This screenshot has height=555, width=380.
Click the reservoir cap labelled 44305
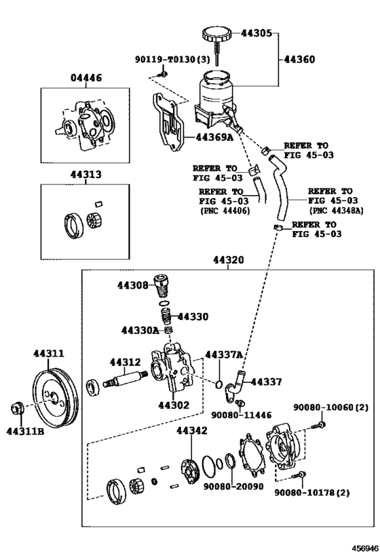tap(217, 38)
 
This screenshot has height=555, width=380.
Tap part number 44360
tap(299, 59)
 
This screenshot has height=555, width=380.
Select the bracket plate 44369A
tap(169, 121)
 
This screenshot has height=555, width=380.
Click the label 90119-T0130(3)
tap(172, 59)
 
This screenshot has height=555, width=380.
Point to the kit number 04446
tap(85, 77)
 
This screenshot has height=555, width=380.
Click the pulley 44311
tap(55, 399)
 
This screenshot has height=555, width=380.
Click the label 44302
tap(174, 405)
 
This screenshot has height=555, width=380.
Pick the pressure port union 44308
tap(161, 286)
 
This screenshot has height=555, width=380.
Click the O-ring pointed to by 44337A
tap(218, 384)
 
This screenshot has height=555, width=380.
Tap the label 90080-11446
tap(242, 415)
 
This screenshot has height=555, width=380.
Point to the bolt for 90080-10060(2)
tap(319, 425)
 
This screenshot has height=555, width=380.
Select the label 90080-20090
tap(233, 486)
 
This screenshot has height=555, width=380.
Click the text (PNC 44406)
tap(225, 211)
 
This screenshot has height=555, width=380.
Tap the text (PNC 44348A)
tap(337, 211)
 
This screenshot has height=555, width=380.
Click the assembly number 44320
tap(229, 260)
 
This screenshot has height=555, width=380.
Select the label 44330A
tap(140, 330)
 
